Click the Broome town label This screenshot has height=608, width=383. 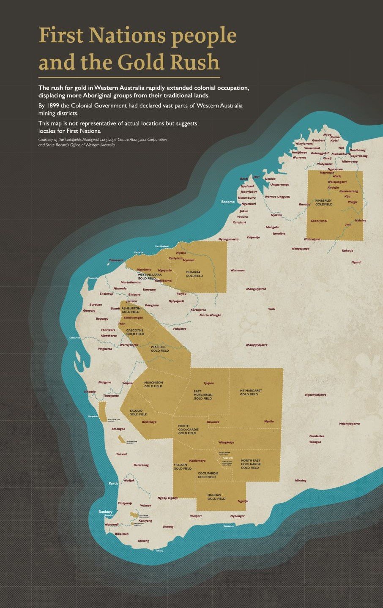[x=228, y=202]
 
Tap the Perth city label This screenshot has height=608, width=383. [x=113, y=483]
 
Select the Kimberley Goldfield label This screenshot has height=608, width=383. [x=324, y=202]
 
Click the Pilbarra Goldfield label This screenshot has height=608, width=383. [x=194, y=274]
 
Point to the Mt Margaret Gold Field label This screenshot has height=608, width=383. [x=251, y=392]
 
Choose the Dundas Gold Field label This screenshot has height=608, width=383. [x=216, y=497]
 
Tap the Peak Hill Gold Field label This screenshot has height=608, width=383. [x=160, y=348]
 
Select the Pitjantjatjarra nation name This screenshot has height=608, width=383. [x=349, y=424]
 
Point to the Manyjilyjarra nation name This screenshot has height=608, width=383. [x=256, y=289]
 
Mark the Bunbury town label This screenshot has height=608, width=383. [x=106, y=512]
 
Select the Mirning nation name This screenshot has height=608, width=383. [x=301, y=480]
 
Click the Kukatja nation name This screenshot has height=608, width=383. [x=347, y=251]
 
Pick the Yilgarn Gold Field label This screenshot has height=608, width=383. [x=183, y=466]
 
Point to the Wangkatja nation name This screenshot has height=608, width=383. [x=226, y=442]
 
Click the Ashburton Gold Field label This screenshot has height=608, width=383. [x=131, y=310]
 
